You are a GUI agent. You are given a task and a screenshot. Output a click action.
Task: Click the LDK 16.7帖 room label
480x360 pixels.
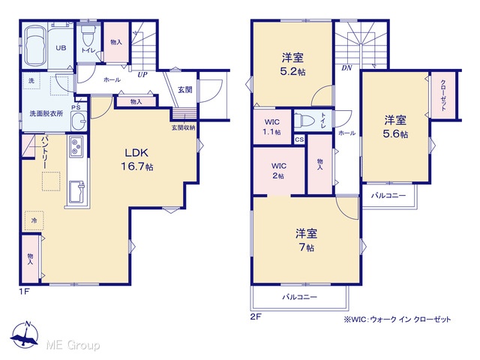pos(136,160)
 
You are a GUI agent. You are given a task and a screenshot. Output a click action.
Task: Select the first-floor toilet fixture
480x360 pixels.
pos(89,35)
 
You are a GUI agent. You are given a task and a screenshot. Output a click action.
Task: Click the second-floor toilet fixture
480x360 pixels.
pos(304,120)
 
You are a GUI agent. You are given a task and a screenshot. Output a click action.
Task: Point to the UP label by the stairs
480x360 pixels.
pos(142,75)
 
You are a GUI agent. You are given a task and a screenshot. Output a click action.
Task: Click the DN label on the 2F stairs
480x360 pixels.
pos(346,68)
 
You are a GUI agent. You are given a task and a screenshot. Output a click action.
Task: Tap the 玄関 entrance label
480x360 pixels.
pos(185,90)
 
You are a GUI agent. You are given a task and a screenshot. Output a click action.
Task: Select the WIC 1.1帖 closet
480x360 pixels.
pos(272,127)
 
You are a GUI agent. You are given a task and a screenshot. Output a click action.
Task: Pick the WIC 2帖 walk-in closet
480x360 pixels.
pos(279,170)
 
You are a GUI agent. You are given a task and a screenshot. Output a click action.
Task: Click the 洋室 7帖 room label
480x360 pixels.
pos(307,240)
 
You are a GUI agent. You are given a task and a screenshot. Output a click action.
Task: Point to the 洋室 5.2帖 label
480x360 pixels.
pos(293,64)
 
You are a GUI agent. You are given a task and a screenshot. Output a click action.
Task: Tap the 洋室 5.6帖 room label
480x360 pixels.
pos(395,127)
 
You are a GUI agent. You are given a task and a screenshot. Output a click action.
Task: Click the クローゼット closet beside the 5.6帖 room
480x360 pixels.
pos(443,95)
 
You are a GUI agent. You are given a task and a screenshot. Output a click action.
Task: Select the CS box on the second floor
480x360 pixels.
pos(299,139)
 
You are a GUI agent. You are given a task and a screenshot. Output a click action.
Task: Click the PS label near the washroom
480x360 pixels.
pos(76,107)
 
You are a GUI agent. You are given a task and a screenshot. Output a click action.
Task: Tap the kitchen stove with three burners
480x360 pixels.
pos(76,146)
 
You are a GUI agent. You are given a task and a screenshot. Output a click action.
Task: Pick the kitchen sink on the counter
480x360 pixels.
pos(77,191)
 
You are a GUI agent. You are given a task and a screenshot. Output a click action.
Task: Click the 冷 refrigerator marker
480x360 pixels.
pos(34,220)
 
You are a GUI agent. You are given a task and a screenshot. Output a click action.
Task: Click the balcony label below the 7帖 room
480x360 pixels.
pos(300,297)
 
